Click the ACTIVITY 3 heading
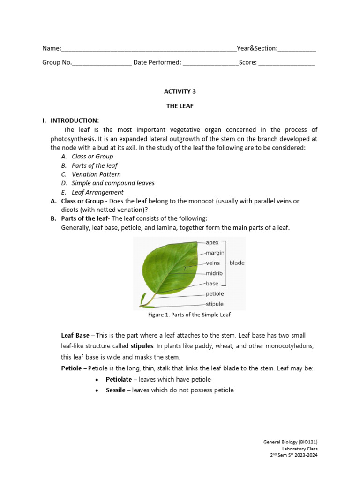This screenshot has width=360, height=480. pyautogui.click(x=180, y=91)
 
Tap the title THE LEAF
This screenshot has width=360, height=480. pyautogui.click(x=180, y=106)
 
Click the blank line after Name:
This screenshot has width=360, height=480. pyautogui.click(x=149, y=49)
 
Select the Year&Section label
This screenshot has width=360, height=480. pyautogui.click(x=257, y=48)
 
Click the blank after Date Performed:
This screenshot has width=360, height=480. pyautogui.click(x=210, y=63)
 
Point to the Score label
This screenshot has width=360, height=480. pyautogui.click(x=247, y=62)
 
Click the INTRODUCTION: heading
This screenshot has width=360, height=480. pyautogui.click(x=75, y=120)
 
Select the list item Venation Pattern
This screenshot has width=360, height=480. pyautogui.click(x=96, y=174)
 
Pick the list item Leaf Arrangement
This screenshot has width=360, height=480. pyautogui.click(x=97, y=192)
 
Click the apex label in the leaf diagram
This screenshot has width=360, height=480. pyautogui.click(x=212, y=243)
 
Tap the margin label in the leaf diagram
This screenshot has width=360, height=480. pyautogui.click(x=215, y=253)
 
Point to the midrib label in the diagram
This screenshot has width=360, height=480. pyautogui.click(x=214, y=273)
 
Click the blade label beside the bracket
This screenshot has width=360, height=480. pyautogui.click(x=237, y=263)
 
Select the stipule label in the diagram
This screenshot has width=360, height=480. pyautogui.click(x=215, y=304)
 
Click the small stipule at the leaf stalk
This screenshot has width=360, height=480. pyautogui.click(x=142, y=299)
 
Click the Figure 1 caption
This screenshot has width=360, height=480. pyautogui.click(x=189, y=315)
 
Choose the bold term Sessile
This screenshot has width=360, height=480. pyautogui.click(x=115, y=390)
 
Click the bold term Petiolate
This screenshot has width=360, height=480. pyautogui.click(x=118, y=379)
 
